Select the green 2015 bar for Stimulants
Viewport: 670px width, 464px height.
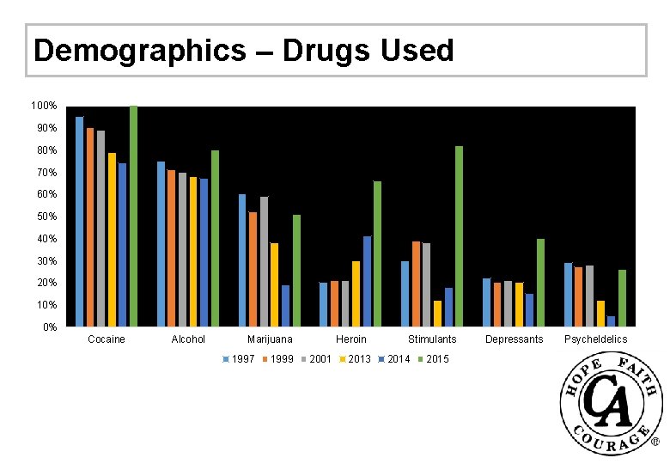click(x=459, y=236)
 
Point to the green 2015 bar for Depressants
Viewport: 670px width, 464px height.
click(x=540, y=283)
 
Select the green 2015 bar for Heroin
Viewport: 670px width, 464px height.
click(x=377, y=254)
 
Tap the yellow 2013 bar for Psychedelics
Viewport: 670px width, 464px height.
click(x=600, y=314)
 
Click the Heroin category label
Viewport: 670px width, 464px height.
click(x=351, y=339)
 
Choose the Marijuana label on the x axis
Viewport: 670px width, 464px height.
click(x=270, y=339)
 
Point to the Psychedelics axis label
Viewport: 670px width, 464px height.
click(x=595, y=339)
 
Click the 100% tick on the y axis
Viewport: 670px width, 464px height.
click(x=44, y=106)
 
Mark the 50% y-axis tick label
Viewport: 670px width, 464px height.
click(x=46, y=217)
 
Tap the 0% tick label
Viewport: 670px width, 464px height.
click(x=50, y=327)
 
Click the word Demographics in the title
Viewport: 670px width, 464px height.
click(x=138, y=52)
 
